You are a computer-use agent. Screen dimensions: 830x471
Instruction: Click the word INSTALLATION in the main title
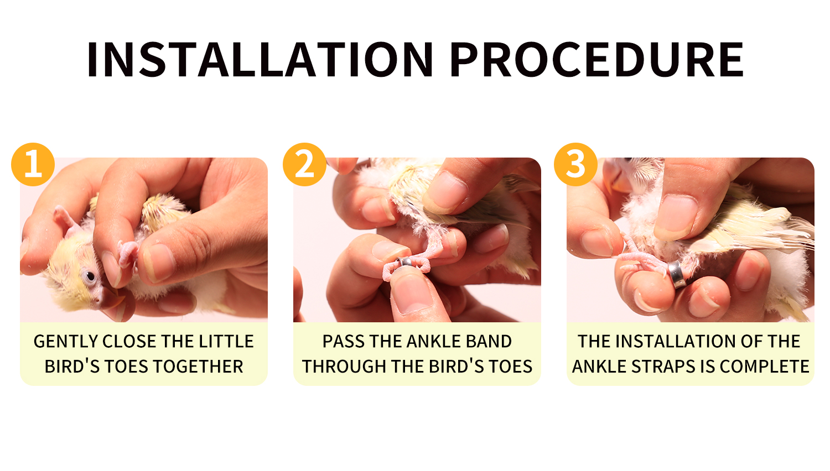pyautogui.click(x=260, y=59)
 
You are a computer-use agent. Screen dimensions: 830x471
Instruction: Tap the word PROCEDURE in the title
pyautogui.click(x=597, y=59)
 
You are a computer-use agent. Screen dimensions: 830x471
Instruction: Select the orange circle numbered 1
pyautogui.click(x=33, y=164)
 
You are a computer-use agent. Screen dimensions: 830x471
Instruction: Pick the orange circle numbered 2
pyautogui.click(x=304, y=164)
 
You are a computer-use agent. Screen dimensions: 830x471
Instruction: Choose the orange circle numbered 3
pyautogui.click(x=576, y=164)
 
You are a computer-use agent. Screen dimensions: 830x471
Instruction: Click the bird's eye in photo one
pyautogui.click(x=90, y=276)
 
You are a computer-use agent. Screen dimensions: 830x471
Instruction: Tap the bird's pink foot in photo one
pyautogui.click(x=128, y=254)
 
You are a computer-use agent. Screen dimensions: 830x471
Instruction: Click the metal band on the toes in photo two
pyautogui.click(x=404, y=263)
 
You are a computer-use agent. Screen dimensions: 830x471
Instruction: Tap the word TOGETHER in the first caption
pyautogui.click(x=198, y=367)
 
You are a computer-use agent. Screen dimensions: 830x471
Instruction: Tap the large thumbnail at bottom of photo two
pyautogui.click(x=412, y=292)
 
